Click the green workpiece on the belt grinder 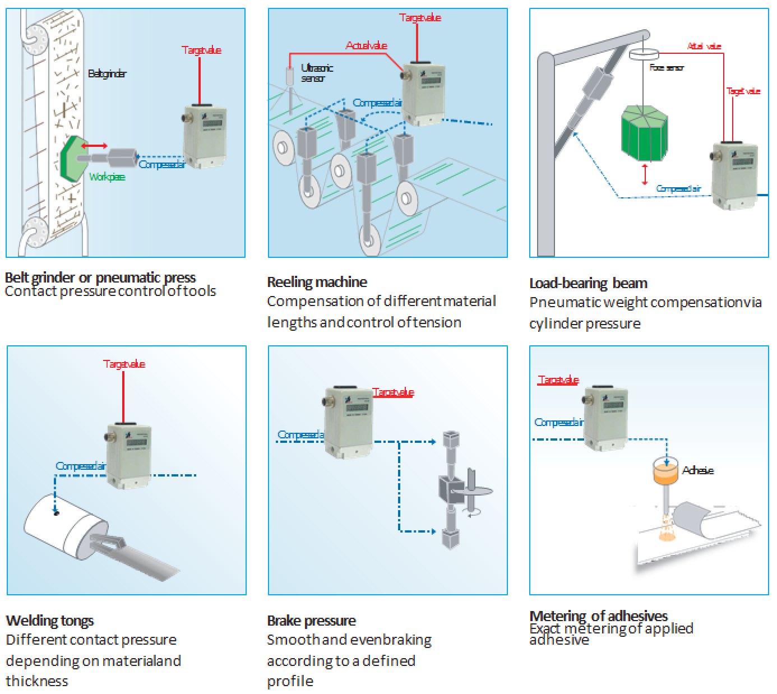coord(72,159)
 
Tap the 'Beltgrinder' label coord(107,73)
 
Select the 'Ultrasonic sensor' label coord(317,73)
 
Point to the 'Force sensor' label coord(666,67)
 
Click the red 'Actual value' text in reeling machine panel coord(366,45)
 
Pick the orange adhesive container coord(665,475)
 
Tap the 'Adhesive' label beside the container coord(697,470)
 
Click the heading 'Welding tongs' coord(50,621)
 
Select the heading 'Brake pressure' coord(311,621)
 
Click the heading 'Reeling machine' coord(317,282)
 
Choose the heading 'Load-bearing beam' coord(588,283)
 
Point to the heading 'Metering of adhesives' coord(598,616)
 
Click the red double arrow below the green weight coord(645,174)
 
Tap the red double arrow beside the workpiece coord(94,146)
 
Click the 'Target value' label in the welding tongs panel coord(124,364)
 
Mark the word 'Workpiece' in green coord(107,177)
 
